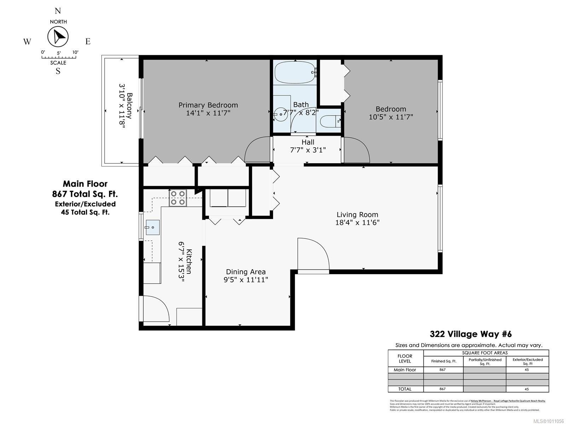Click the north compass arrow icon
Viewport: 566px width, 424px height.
[58, 37]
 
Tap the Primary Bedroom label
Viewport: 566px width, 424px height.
[208, 105]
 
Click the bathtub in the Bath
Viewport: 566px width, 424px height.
[294, 72]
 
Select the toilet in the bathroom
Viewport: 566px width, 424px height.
[329, 122]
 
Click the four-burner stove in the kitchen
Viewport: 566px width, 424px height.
[178, 198]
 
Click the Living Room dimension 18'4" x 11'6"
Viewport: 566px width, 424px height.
[357, 223]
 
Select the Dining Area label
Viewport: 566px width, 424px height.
[246, 272]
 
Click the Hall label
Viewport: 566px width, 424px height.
[308, 142]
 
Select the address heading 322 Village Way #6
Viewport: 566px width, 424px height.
[470, 334]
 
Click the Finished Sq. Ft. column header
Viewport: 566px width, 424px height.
[444, 361]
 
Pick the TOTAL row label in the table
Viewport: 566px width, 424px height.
[405, 389]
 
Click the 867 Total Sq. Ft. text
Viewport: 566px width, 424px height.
[85, 194]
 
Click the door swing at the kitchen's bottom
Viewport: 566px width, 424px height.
[156, 309]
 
